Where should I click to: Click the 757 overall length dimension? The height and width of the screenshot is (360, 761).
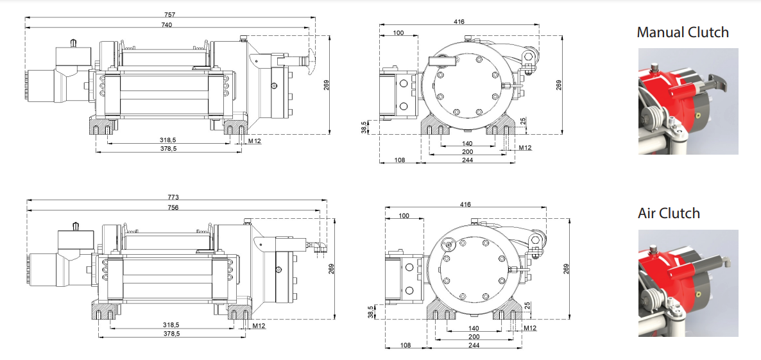(169, 14)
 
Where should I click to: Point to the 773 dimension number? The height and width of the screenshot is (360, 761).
(173, 197)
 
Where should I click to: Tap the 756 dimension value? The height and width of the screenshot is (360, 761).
(173, 207)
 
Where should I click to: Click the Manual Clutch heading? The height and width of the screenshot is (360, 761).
(683, 32)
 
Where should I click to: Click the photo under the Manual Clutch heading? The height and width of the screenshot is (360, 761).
(688, 101)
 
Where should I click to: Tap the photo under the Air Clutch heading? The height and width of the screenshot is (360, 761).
(688, 283)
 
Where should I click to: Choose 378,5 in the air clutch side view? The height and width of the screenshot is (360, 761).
(171, 334)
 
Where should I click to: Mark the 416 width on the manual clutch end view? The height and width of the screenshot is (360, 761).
(459, 22)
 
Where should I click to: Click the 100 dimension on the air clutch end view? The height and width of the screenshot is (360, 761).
(404, 216)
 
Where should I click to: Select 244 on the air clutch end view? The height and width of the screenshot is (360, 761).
(474, 345)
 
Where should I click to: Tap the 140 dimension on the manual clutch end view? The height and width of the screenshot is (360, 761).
(466, 143)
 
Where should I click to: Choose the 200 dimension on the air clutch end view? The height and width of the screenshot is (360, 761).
(474, 337)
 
